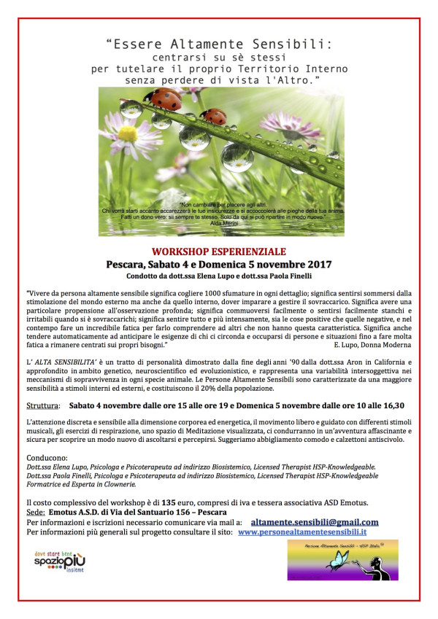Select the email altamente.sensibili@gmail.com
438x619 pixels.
click(315, 522)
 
